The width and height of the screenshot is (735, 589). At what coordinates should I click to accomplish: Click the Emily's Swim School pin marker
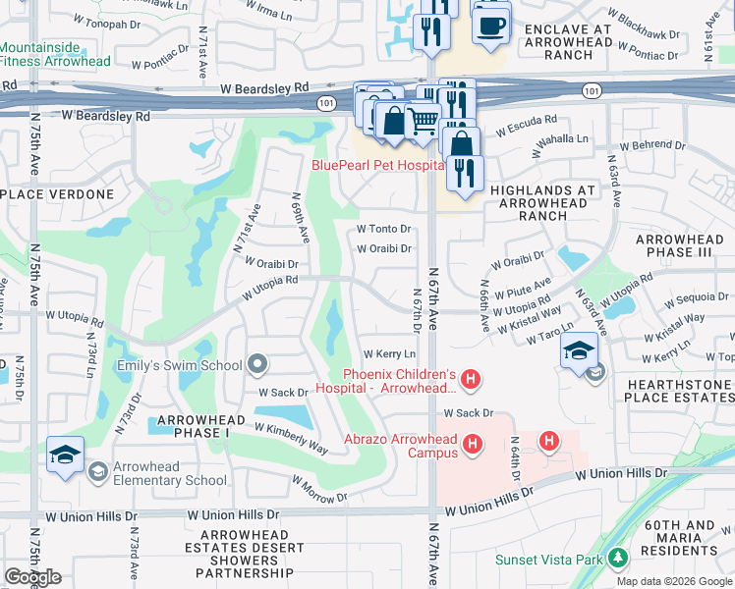click(258, 365)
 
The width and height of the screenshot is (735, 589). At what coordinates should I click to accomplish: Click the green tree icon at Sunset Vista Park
click(618, 559)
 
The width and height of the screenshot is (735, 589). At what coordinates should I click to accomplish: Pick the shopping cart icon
click(423, 121)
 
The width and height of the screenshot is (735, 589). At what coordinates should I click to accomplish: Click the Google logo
click(32, 577)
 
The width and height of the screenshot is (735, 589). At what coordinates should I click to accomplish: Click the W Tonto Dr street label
click(383, 229)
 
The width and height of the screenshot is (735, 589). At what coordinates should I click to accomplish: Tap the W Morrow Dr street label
click(319, 488)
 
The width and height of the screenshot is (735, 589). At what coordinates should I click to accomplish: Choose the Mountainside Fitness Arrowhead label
click(55, 54)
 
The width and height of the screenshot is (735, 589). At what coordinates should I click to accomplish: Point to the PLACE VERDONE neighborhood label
click(58, 194)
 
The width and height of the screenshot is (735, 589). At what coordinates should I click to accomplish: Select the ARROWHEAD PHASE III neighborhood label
click(678, 246)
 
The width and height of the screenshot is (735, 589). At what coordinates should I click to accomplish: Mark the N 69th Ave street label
click(300, 223)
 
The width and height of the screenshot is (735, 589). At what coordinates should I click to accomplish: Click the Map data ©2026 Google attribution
click(672, 581)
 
